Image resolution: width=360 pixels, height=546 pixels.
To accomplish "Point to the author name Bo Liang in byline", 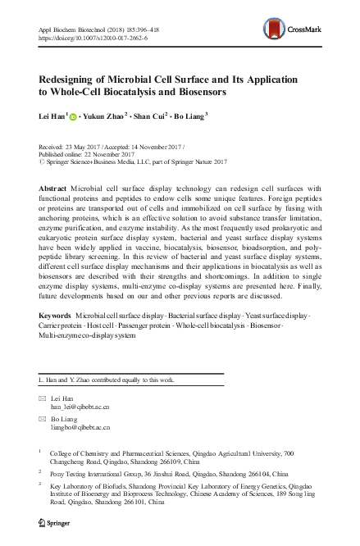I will (191, 116).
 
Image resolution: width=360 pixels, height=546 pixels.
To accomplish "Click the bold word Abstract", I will (55, 188).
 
